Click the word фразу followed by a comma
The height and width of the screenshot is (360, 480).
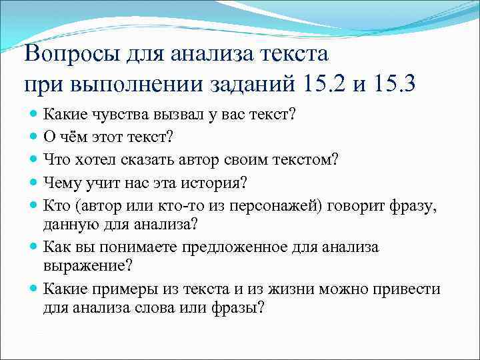(417, 205)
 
